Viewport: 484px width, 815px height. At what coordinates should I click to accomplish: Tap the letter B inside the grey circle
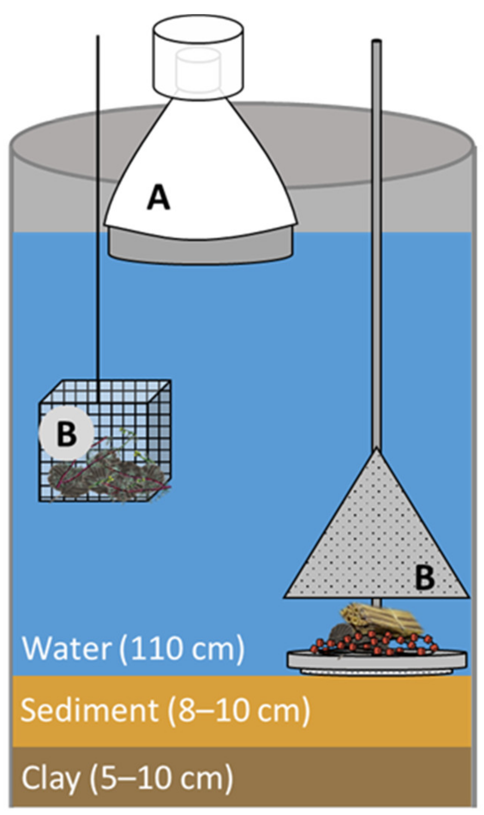pos(67,434)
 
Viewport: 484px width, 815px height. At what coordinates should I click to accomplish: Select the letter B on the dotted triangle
pos(424,577)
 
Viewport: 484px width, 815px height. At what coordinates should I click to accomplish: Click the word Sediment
pos(90,710)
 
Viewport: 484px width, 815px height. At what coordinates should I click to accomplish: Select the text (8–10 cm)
pos(238,710)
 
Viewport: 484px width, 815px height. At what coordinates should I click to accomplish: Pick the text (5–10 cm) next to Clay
pos(161,778)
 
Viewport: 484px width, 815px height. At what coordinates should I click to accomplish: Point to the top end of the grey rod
pos(377,42)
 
